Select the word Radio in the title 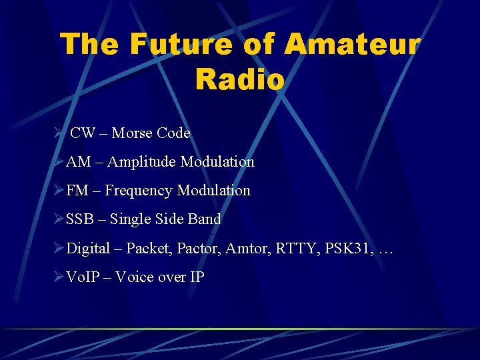coord(240,79)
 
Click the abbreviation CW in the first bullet coord(83,133)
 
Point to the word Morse coord(132,133)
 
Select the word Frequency coord(140,191)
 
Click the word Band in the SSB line coord(205,219)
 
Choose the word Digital coord(88,249)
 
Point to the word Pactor coord(199,249)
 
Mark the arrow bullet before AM coord(59,162)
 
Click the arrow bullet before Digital coord(59,249)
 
